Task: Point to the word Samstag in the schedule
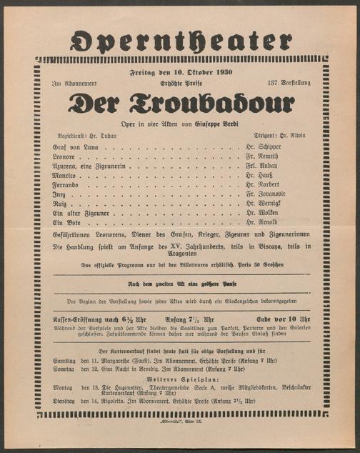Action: point(65,362)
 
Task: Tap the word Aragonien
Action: point(181,256)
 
